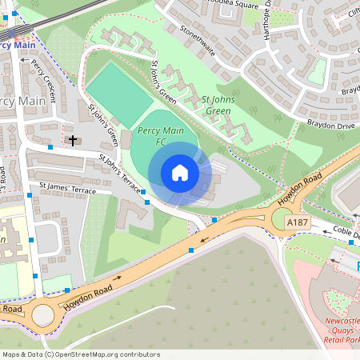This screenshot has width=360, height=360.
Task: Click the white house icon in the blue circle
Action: [180, 173]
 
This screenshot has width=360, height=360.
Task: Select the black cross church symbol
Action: [73, 141]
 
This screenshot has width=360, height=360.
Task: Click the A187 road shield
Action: [297, 222]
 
